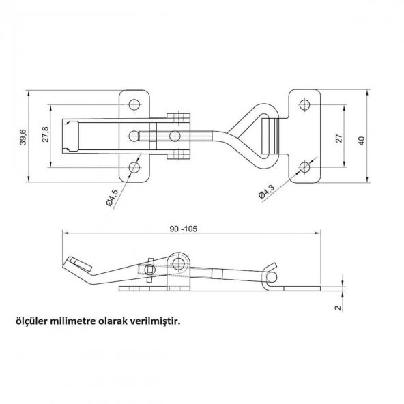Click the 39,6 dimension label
(23, 136)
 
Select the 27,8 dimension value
(46, 134)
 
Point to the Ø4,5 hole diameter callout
(112, 198)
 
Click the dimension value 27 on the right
(339, 139)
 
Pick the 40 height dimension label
(362, 141)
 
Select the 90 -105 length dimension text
(183, 229)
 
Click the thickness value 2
(338, 307)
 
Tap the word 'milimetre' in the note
(74, 321)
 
